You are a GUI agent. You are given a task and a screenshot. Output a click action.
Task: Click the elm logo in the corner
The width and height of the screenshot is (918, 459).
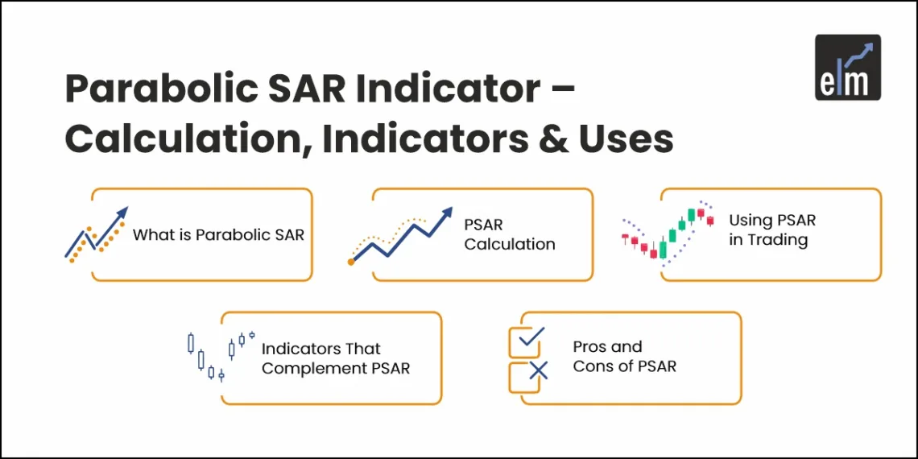847,68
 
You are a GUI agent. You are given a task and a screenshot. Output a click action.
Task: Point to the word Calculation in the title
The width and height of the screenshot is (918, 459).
184,139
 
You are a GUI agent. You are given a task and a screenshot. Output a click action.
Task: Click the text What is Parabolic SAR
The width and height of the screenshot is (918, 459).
218,235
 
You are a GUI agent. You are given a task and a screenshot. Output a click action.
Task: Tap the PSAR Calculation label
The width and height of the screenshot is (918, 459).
509,235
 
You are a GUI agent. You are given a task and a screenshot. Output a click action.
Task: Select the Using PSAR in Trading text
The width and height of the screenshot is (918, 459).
771,230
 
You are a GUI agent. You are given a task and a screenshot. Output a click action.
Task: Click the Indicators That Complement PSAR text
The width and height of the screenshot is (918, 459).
335,359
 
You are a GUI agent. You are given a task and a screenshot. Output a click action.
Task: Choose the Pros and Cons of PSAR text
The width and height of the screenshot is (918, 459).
624,357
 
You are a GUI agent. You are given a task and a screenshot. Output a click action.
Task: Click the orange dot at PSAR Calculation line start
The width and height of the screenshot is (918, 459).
351,262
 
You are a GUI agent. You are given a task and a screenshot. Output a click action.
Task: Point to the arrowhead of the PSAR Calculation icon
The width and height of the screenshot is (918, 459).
445,214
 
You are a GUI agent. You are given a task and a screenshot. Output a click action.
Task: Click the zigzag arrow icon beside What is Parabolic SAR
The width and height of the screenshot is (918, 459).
96,234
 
